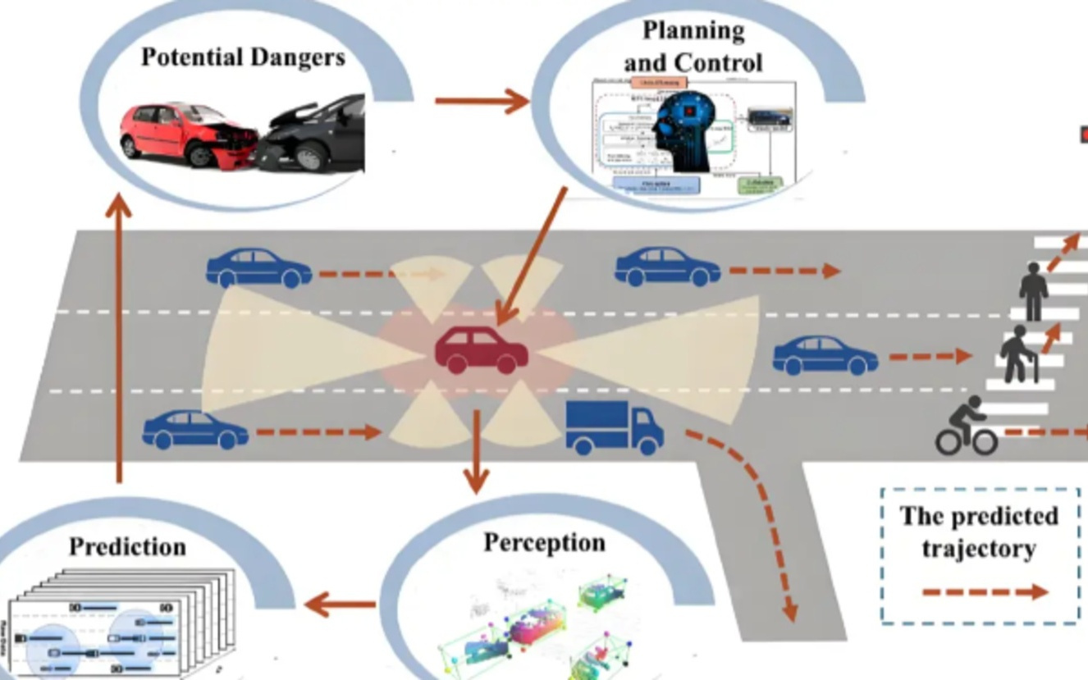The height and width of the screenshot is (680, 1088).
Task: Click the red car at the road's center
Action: (x=482, y=351)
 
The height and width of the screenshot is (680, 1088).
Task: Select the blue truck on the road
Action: (x=614, y=427)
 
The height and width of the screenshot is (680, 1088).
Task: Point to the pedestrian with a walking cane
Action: (x=1017, y=354)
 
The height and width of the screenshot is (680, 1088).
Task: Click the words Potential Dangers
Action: (x=243, y=57)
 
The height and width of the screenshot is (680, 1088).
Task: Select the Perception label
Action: (x=544, y=543)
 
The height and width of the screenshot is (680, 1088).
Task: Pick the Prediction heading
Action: (x=127, y=547)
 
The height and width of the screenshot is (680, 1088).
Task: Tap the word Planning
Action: (x=693, y=31)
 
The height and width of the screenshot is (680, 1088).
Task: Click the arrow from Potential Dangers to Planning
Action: (x=482, y=102)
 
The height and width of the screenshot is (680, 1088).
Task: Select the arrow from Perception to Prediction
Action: (x=340, y=606)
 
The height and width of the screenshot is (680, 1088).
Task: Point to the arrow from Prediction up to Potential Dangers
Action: (x=120, y=336)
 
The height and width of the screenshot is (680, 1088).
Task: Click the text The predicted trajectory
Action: (x=979, y=532)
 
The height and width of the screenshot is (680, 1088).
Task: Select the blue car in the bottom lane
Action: (x=195, y=431)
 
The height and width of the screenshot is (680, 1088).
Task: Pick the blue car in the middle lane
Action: (x=825, y=355)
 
